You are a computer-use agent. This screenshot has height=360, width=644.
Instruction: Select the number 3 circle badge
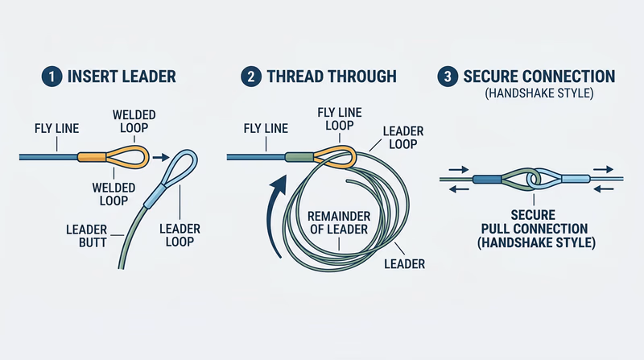pyautogui.click(x=447, y=77)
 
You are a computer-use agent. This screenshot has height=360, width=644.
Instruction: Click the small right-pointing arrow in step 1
pyautogui.click(x=159, y=157)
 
